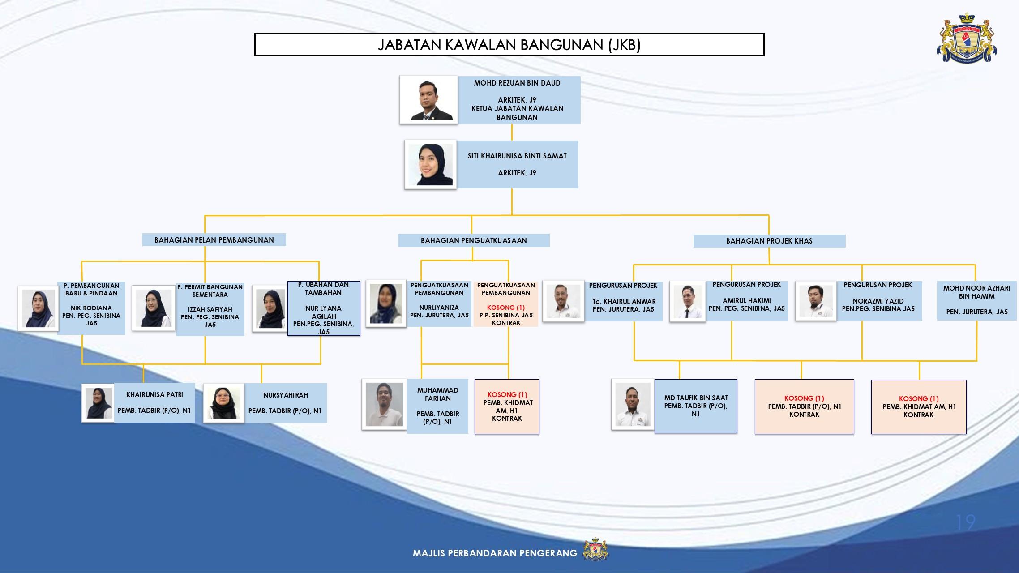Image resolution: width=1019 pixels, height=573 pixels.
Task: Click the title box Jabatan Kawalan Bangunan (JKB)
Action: [509, 45]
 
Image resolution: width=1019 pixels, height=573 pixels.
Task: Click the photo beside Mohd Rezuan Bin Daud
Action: [429, 99]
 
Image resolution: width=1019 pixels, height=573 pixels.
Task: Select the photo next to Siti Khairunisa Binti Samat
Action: [430, 164]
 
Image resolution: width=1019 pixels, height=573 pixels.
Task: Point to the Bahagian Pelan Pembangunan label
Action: [214, 240]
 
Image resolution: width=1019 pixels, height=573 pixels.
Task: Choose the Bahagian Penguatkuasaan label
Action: [474, 240]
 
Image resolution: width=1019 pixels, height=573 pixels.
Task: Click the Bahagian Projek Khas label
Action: [769, 241]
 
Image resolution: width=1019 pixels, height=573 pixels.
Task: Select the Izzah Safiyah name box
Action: [210, 309]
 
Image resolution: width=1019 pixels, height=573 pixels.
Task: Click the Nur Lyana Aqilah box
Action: [324, 308]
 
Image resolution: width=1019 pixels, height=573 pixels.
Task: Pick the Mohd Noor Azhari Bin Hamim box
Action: [976, 300]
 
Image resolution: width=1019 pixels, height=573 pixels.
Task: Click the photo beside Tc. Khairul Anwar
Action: [563, 301]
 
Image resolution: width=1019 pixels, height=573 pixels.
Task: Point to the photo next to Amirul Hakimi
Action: [687, 301]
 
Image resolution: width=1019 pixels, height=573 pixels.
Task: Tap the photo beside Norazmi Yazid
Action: [816, 301]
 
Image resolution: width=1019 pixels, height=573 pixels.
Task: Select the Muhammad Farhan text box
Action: [437, 406]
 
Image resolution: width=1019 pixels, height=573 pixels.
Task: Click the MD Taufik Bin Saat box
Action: [696, 406]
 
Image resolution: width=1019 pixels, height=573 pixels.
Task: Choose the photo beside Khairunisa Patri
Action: [98, 402]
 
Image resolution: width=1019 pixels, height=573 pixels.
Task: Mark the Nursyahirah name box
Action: [285, 403]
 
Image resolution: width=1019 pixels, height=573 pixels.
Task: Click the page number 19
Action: [965, 522]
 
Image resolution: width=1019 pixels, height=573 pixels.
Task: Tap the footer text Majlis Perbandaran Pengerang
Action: [495, 553]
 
